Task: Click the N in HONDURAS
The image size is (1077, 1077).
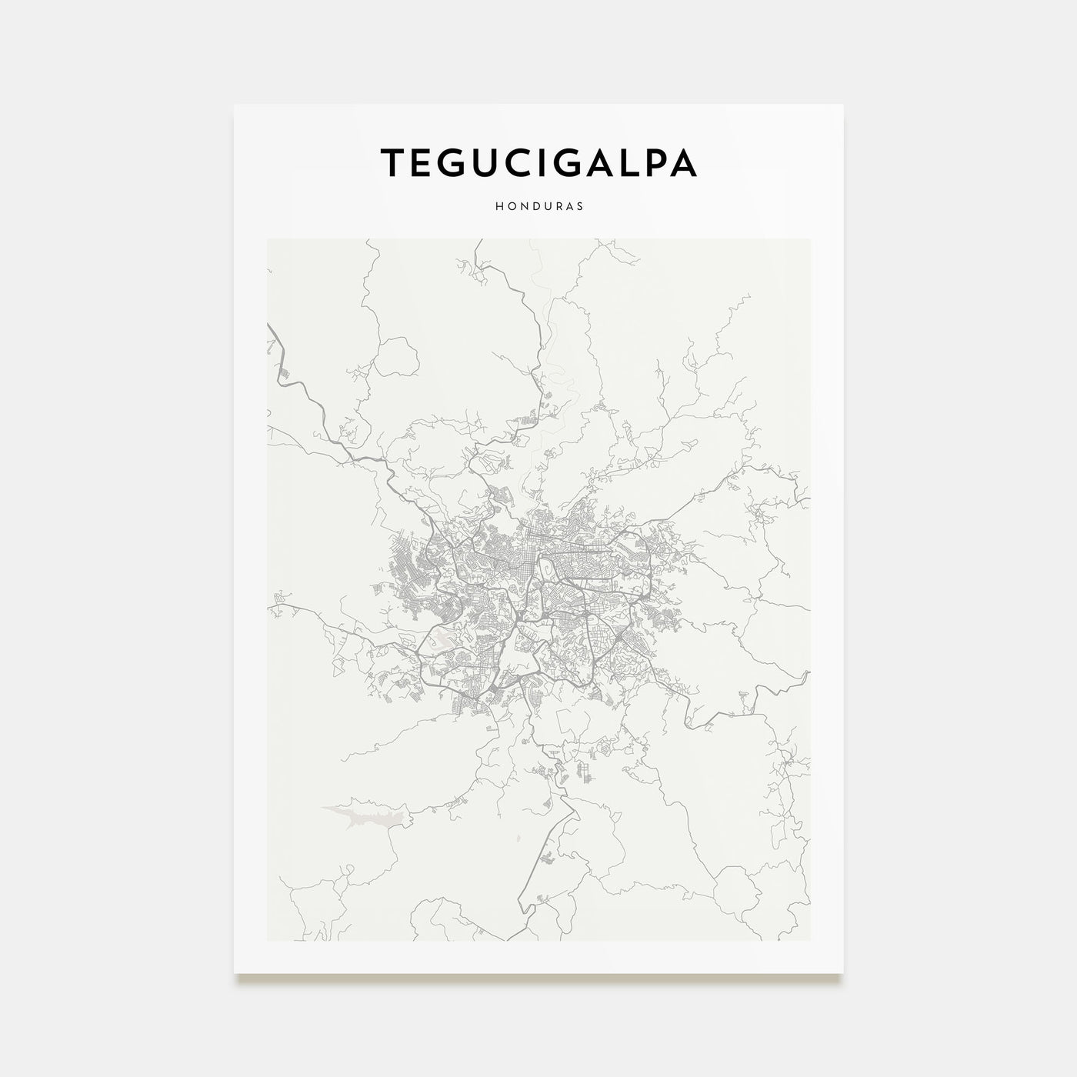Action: pos(522,207)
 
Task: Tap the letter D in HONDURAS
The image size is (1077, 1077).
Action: pos(534,207)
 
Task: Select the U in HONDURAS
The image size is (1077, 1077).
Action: pos(545,207)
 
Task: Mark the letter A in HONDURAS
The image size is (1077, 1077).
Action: pos(568,207)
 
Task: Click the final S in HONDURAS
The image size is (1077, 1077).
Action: pos(579,207)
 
